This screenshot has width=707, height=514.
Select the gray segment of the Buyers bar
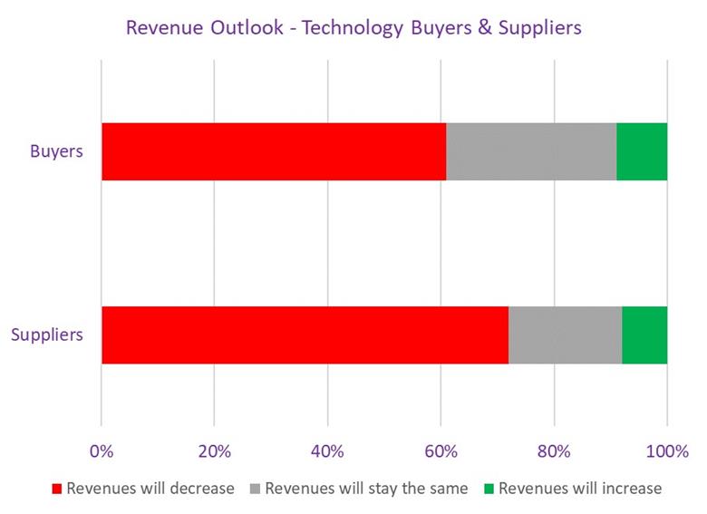[x=531, y=151]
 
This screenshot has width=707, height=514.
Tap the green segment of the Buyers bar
[x=642, y=151]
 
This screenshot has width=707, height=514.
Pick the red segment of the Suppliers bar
[x=305, y=335]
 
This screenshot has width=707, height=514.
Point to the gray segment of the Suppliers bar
[x=565, y=335]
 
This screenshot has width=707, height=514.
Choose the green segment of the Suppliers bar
[x=644, y=335]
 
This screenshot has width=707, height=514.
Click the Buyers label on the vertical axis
[x=57, y=151]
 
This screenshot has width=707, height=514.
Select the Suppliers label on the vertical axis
[x=47, y=335]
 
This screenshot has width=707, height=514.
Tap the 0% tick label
[x=102, y=451]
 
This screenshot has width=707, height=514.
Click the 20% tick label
[x=214, y=451]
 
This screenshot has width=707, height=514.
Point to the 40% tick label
[x=327, y=451]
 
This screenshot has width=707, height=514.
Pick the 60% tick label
[x=441, y=451]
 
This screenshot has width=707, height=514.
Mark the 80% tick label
[x=554, y=451]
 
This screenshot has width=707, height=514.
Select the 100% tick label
[x=667, y=451]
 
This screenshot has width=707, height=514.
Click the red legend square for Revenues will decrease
[x=57, y=489]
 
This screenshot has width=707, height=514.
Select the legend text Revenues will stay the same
[x=366, y=489]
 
